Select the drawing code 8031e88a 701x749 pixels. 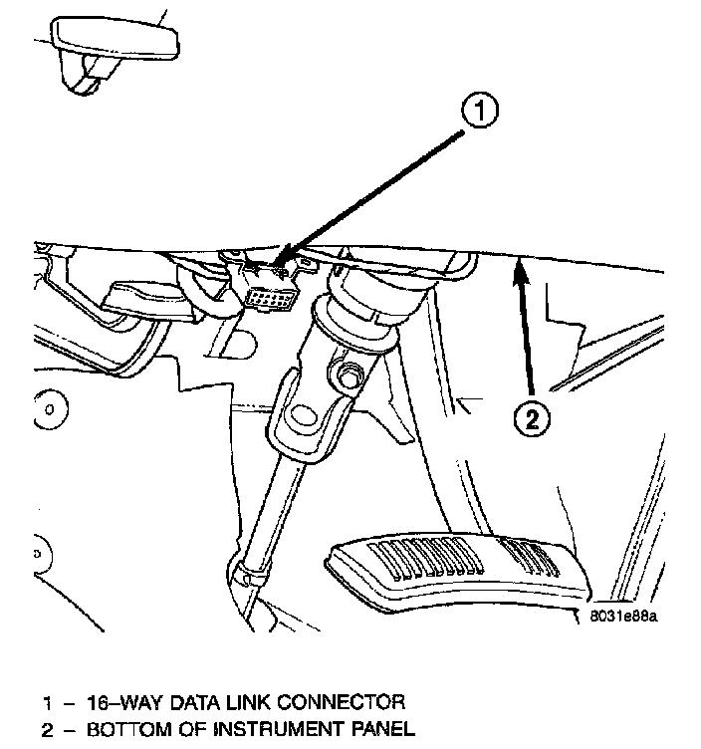coord(623,616)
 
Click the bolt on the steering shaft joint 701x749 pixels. coord(350,377)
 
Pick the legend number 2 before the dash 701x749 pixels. coord(46,730)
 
